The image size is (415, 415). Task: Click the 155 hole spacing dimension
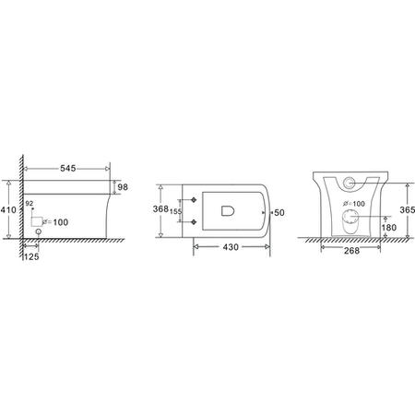click(176, 211)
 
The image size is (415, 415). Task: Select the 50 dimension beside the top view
click(280, 212)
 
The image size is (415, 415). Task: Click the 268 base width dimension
click(347, 250)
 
